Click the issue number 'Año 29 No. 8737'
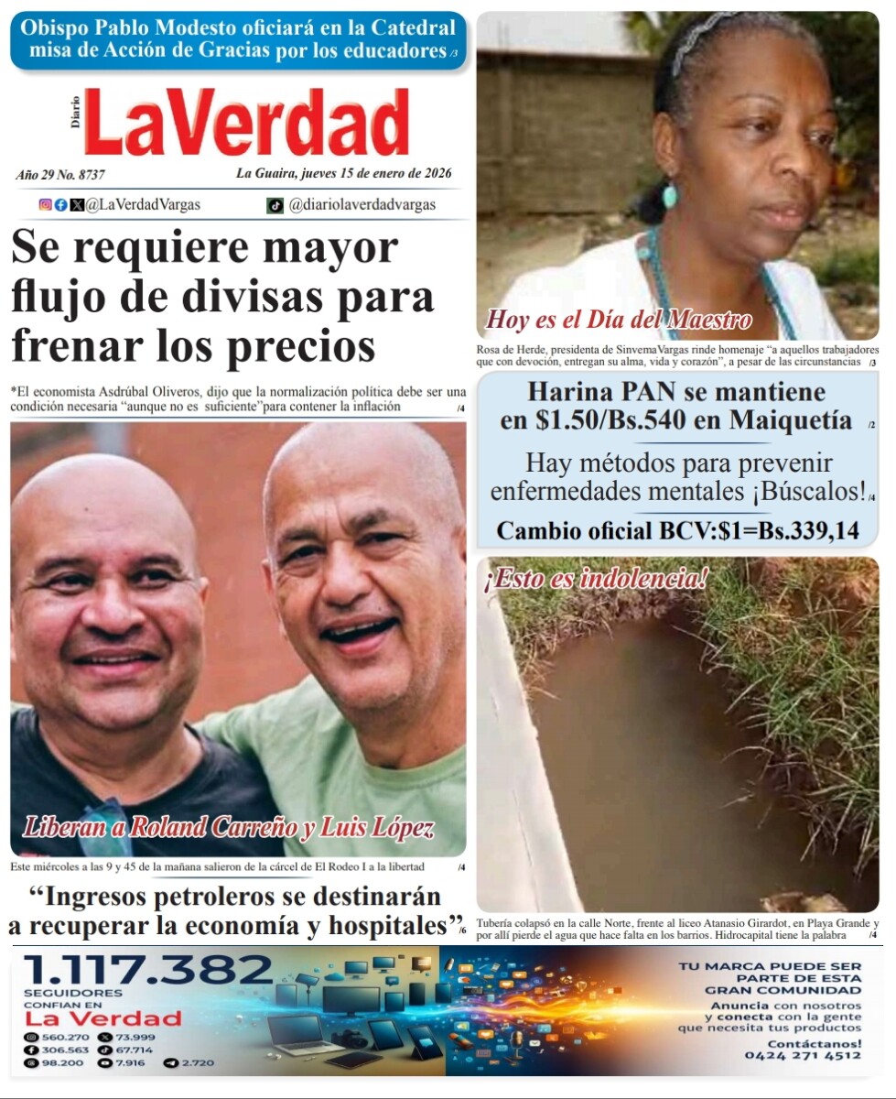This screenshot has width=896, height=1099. [x=60, y=174]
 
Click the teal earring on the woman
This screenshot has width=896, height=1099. [x=670, y=195]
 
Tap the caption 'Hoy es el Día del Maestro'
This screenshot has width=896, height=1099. [x=619, y=320]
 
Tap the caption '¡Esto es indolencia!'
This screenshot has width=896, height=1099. [x=597, y=578]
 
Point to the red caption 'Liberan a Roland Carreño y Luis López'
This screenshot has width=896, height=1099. [x=227, y=828]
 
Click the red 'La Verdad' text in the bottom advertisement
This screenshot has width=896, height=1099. [x=103, y=1018]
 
